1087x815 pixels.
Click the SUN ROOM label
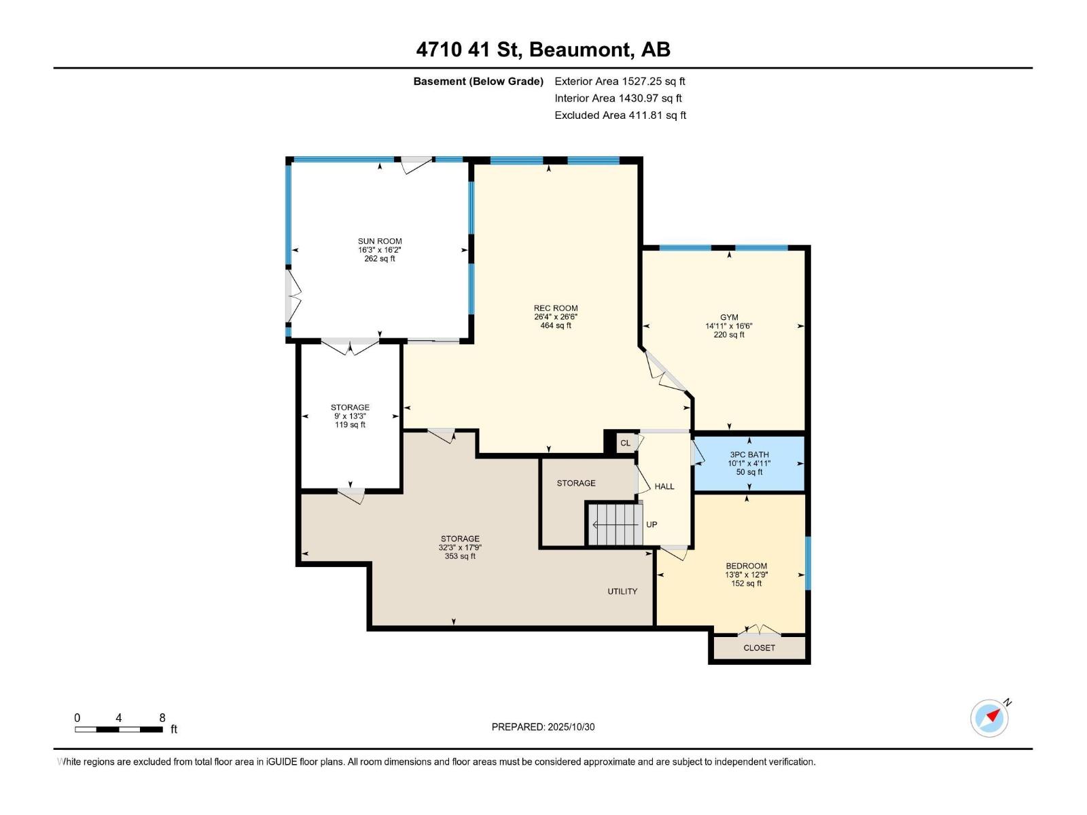coord(380,249)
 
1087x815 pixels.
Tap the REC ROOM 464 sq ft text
coord(556,317)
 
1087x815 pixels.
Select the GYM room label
coord(729,326)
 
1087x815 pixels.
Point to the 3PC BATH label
coord(749,463)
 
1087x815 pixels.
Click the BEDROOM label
coord(746,574)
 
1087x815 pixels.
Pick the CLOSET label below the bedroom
coord(759,648)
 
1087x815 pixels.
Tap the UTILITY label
coord(622,592)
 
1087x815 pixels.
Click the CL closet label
coord(625,443)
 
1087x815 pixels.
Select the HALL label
coord(664,486)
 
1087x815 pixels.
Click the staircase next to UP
coord(615,524)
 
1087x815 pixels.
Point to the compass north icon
coord(989,718)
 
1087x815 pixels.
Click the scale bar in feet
coord(119,729)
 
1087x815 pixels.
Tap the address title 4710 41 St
coord(543,50)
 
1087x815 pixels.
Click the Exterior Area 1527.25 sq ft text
coord(620,81)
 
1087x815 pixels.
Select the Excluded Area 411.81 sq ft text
coord(620,115)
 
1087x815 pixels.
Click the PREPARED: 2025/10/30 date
coord(543,727)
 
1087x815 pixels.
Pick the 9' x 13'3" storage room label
coord(350,416)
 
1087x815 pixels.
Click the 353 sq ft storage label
coord(460,547)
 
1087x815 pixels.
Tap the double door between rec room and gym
coord(666,372)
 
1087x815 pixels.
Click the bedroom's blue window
coord(808,563)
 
